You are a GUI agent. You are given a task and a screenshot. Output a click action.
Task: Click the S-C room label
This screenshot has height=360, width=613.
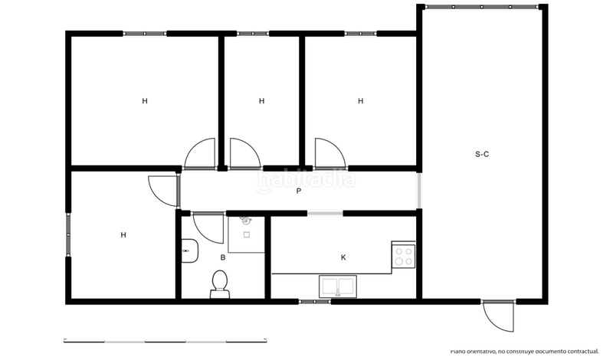(482, 154)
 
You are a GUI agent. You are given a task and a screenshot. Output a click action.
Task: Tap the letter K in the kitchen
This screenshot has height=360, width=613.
(343, 257)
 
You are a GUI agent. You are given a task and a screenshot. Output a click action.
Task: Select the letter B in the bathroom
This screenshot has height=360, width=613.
(222, 257)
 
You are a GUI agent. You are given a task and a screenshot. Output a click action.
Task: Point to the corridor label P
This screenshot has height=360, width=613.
(298, 191)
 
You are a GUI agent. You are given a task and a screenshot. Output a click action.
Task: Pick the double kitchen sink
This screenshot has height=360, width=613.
(337, 286)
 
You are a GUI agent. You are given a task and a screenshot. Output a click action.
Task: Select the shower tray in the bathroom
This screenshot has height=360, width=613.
(246, 234)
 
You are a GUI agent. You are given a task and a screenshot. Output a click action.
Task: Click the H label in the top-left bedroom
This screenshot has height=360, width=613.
(144, 100)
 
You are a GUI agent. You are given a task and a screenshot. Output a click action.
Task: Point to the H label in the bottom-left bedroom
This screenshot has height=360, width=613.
(123, 235)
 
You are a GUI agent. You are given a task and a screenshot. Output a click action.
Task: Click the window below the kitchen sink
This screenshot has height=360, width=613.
(314, 301)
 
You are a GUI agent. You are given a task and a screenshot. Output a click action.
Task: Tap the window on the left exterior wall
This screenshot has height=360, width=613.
(68, 234)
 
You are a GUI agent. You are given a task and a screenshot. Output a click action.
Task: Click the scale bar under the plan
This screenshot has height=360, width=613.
(165, 339)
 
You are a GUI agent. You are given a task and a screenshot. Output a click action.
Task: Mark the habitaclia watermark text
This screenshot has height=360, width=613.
(306, 180)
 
